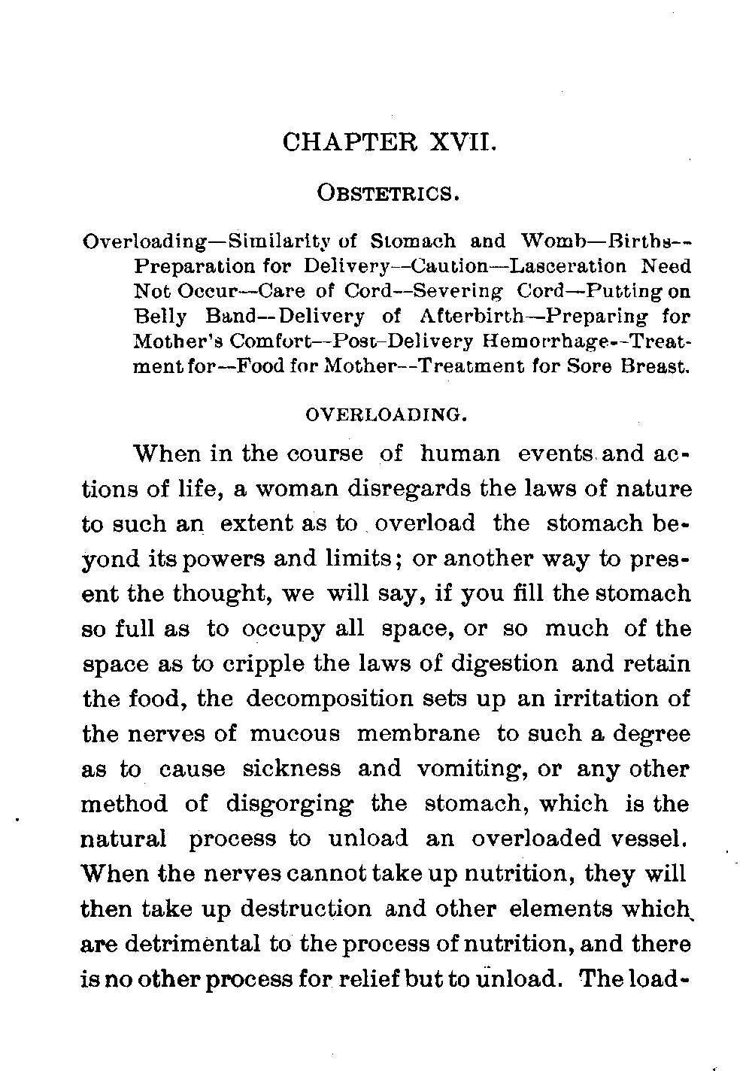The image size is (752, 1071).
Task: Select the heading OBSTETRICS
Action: click(389, 193)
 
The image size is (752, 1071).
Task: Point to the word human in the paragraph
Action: click(460, 454)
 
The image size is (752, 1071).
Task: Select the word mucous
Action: click(294, 733)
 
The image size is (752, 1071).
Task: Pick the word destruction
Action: click(305, 909)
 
